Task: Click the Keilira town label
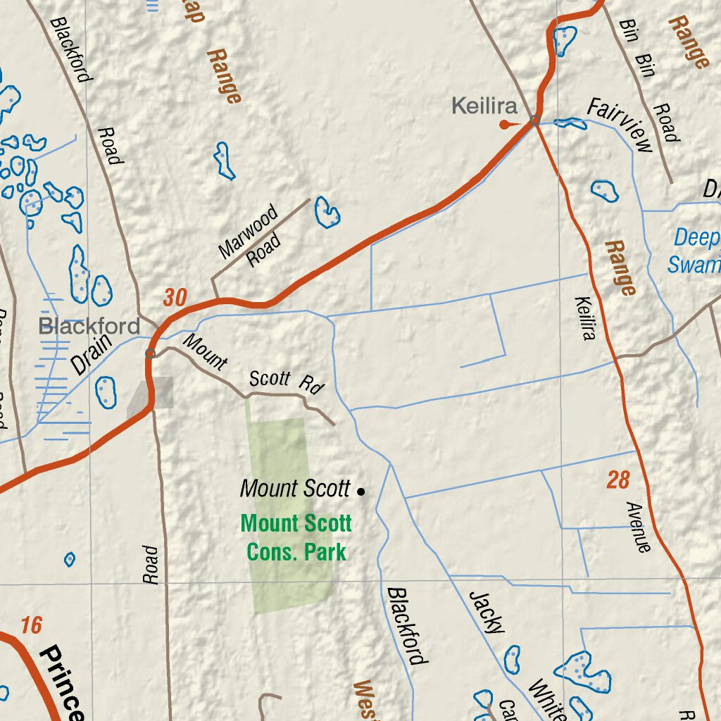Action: [484, 107]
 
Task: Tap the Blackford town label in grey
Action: [89, 326]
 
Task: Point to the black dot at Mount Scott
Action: [361, 491]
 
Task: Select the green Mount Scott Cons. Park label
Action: [296, 537]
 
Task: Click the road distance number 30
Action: [175, 298]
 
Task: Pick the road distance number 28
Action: [617, 480]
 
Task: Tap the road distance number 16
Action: [32, 625]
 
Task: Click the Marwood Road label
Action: [250, 236]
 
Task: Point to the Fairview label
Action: [620, 126]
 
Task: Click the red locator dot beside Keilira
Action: [504, 125]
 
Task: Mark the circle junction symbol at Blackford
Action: [150, 353]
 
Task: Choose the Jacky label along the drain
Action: [487, 611]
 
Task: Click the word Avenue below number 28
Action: [638, 526]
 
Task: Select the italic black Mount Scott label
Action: [295, 489]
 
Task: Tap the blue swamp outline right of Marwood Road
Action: [327, 212]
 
